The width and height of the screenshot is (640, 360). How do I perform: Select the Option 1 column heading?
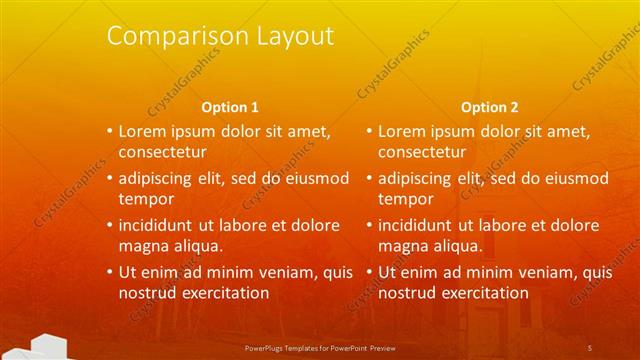pos(230,106)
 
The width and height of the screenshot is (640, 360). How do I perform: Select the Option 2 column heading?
pos(490,106)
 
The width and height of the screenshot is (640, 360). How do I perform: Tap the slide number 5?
pos(590,347)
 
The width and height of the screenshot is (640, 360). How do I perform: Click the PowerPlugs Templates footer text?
pos(329,347)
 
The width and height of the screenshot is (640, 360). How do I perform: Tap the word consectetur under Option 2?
pos(421,153)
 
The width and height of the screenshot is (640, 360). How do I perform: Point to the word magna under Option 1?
pos(144,247)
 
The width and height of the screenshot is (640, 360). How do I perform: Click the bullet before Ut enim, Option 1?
pos(110,272)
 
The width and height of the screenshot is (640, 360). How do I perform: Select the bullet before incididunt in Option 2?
pos(368,225)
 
